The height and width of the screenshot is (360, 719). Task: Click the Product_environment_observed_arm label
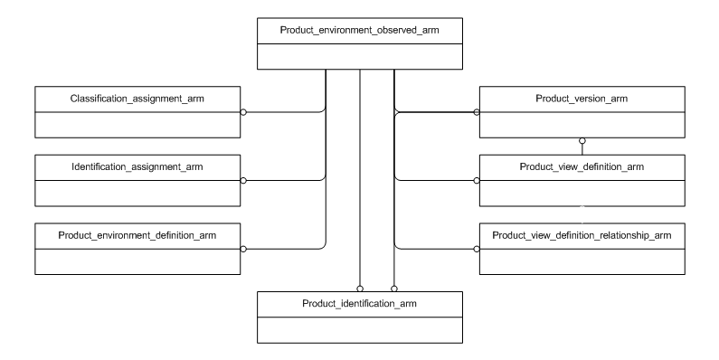[x=360, y=32]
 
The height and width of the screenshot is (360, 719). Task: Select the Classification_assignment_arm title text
[x=137, y=99]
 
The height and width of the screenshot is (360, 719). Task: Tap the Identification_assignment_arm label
[x=137, y=166]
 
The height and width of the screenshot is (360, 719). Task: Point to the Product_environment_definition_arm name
[x=137, y=234]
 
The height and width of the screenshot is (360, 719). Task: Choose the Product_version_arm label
[x=582, y=99]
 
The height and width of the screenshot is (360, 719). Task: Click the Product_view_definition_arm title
[x=582, y=166]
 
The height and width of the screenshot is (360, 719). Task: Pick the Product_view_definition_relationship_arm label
[x=582, y=234]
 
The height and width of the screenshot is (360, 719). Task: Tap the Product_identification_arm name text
[x=360, y=303]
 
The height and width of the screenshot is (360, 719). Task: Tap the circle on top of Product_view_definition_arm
[x=582, y=142]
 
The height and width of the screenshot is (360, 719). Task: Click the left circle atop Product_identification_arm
[x=360, y=288]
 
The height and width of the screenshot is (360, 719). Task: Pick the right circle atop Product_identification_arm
[x=394, y=288]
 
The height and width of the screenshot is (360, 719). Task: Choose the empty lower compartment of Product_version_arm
[x=582, y=124]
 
